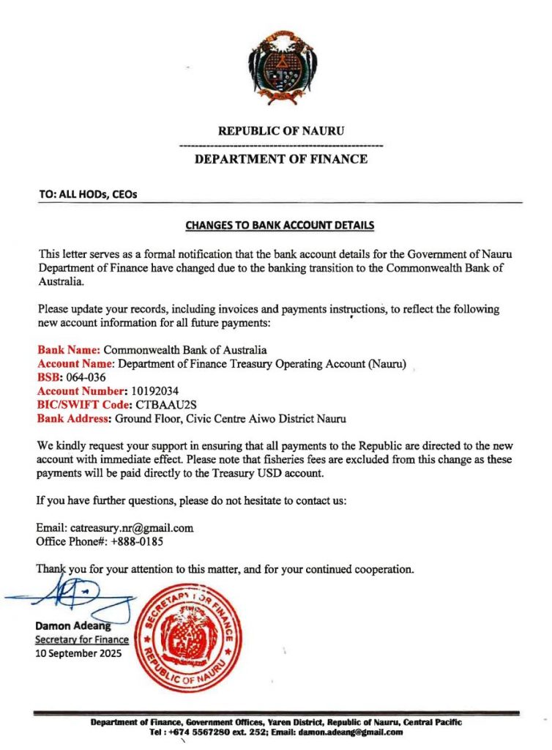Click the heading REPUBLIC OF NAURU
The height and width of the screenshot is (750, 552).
tap(281, 131)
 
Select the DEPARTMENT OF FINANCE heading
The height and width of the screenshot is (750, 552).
tap(281, 159)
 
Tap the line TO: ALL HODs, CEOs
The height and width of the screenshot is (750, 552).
tap(88, 195)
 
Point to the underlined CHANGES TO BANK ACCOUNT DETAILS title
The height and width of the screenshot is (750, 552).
tap(280, 225)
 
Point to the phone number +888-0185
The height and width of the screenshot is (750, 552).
tap(135, 542)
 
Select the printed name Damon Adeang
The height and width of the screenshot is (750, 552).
tap(71, 626)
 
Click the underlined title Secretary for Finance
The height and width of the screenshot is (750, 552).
tap(82, 639)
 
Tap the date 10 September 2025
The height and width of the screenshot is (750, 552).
tap(79, 653)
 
